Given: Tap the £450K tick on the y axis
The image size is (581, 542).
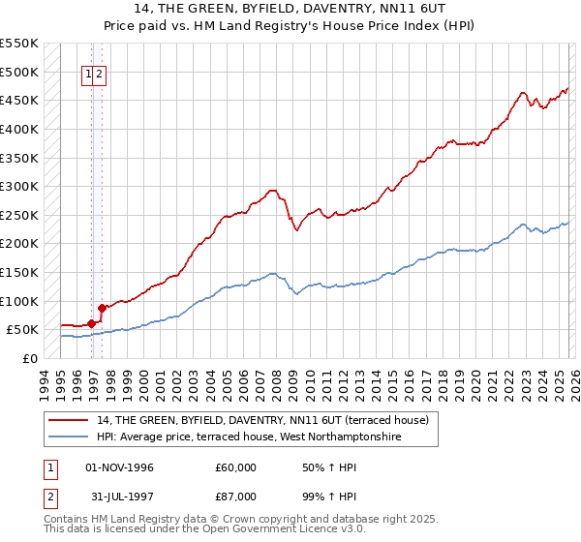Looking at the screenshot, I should pos(19,100).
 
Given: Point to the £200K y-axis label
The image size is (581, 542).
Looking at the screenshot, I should pos(19,243).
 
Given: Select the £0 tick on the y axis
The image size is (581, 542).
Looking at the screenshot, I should pos(30,358).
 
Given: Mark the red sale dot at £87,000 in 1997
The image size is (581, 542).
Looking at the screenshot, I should pos(102,308).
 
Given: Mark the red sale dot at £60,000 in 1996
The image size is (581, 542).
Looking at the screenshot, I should pos(91,324).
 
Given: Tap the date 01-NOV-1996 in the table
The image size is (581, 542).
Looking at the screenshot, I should pos(120,467).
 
